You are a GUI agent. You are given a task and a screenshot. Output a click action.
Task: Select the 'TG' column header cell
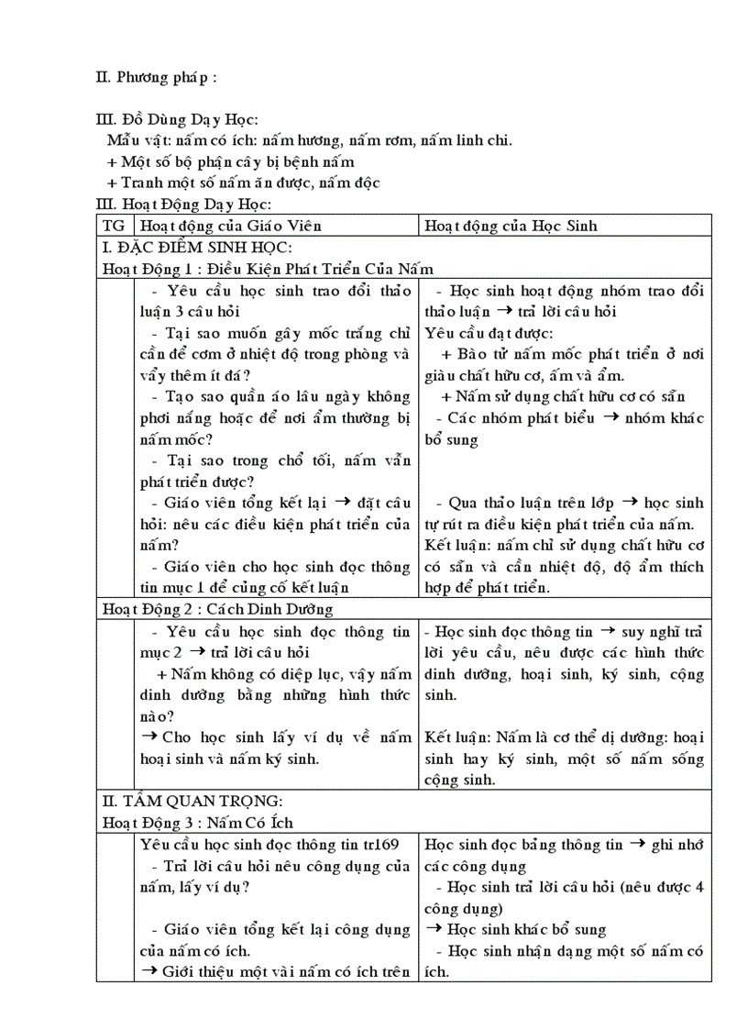coord(115,226)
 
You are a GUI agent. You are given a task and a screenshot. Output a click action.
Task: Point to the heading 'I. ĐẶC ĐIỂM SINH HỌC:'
coord(197,248)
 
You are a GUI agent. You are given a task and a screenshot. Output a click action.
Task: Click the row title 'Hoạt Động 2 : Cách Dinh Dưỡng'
coord(217,609)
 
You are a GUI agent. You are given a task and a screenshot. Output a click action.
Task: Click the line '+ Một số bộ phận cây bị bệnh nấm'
coord(217,161)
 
